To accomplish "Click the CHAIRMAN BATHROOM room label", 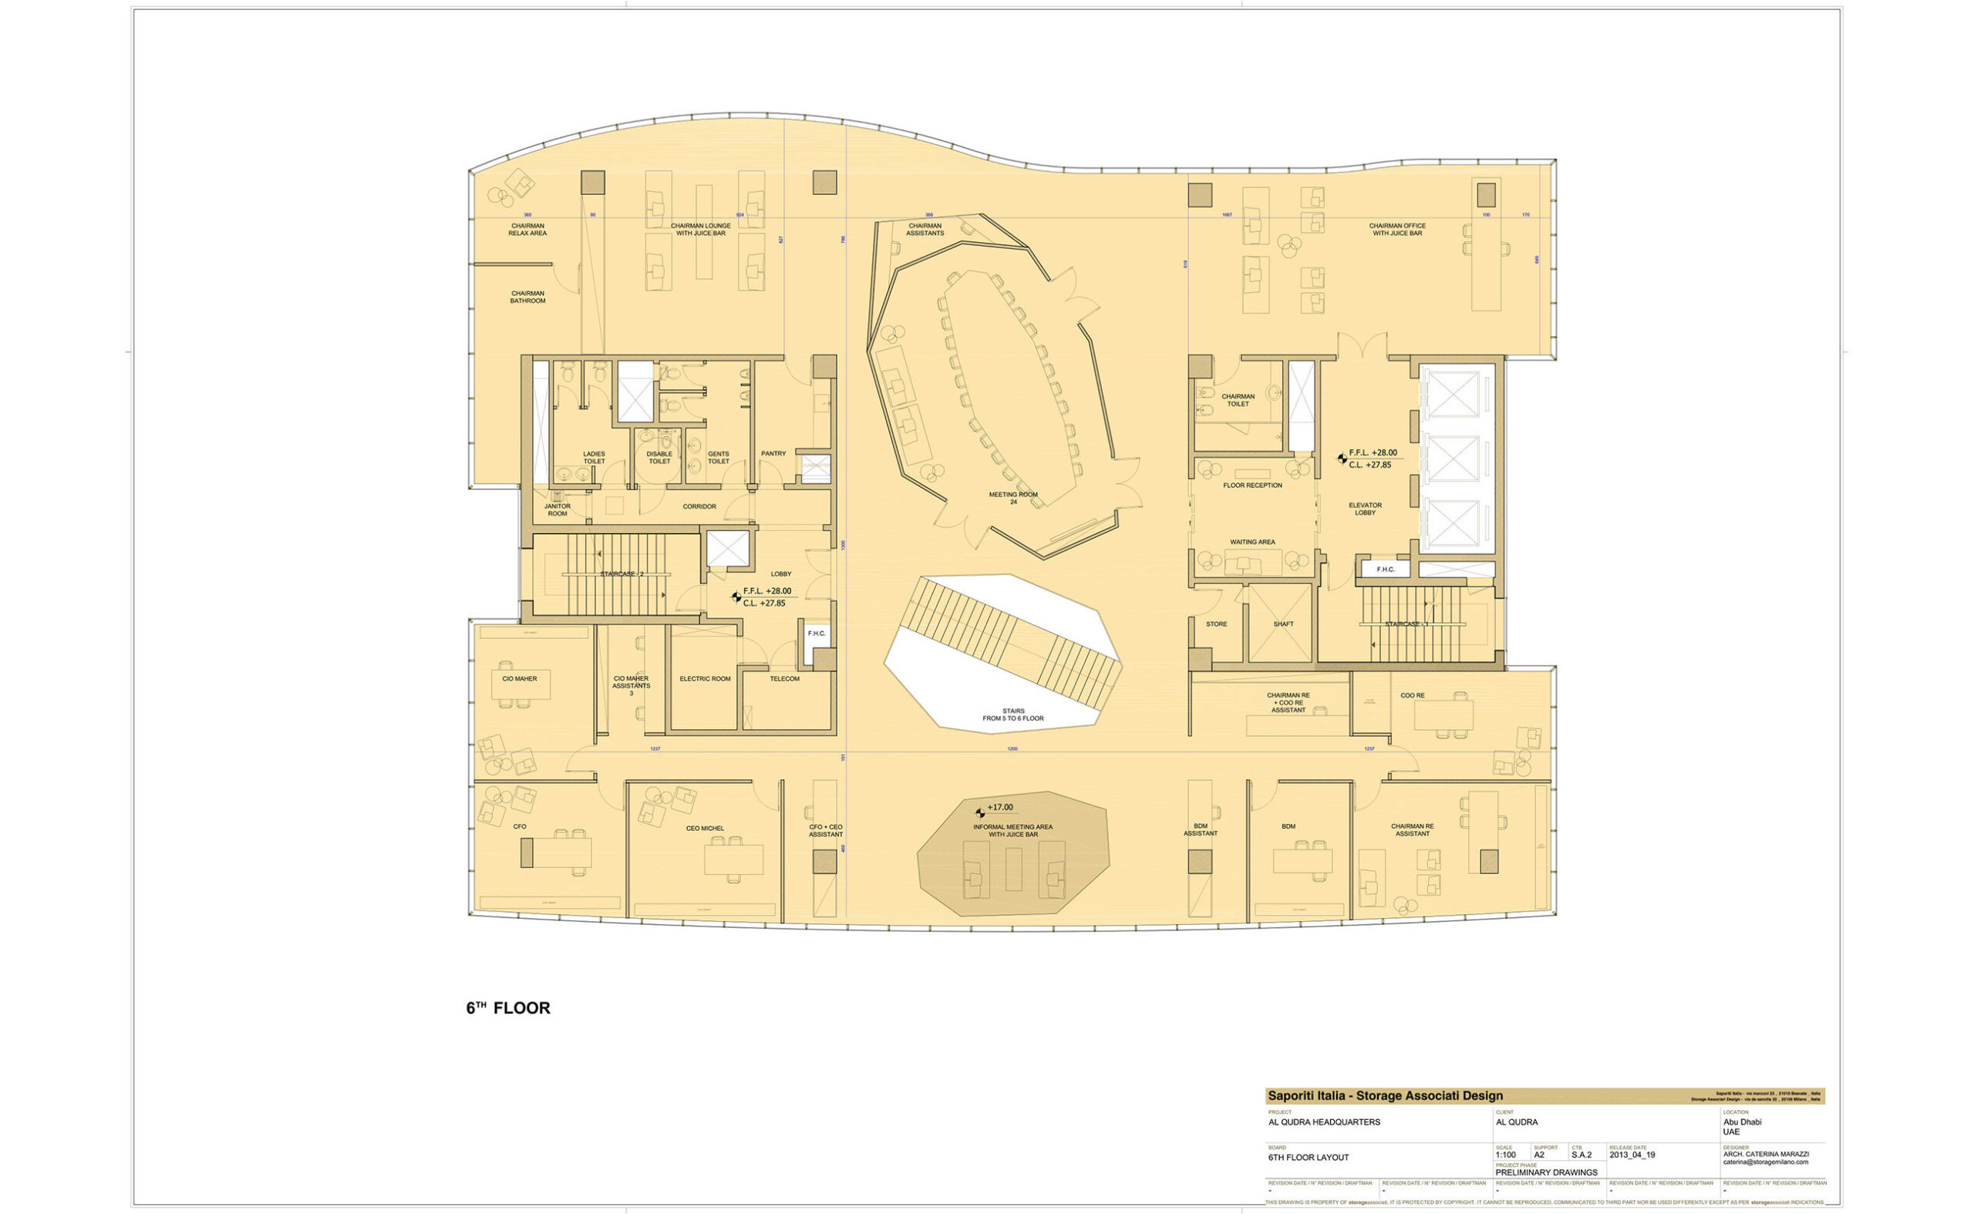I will tap(527, 297).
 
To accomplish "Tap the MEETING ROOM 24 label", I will tap(1012, 498).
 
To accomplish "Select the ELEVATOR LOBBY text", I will tap(1365, 508).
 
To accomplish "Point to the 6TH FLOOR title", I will tap(507, 1008).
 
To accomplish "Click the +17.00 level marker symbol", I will tap(980, 812).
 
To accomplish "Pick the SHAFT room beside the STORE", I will tap(1282, 624).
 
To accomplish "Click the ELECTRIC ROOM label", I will tap(704, 678).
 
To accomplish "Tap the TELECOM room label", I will tap(784, 678).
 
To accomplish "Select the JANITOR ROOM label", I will tap(558, 509).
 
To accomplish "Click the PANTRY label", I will tap(773, 454).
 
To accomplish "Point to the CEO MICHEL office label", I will tap(704, 828).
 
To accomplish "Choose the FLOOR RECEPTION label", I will tap(1252, 485).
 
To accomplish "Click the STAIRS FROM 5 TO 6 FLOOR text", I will tap(1012, 715).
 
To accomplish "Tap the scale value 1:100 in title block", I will tap(1505, 1155).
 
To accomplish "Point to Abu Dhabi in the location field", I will tap(1741, 1122).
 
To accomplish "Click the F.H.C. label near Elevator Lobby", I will tap(1385, 570).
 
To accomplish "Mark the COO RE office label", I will tap(1412, 695).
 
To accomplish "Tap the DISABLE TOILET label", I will tap(659, 458).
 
